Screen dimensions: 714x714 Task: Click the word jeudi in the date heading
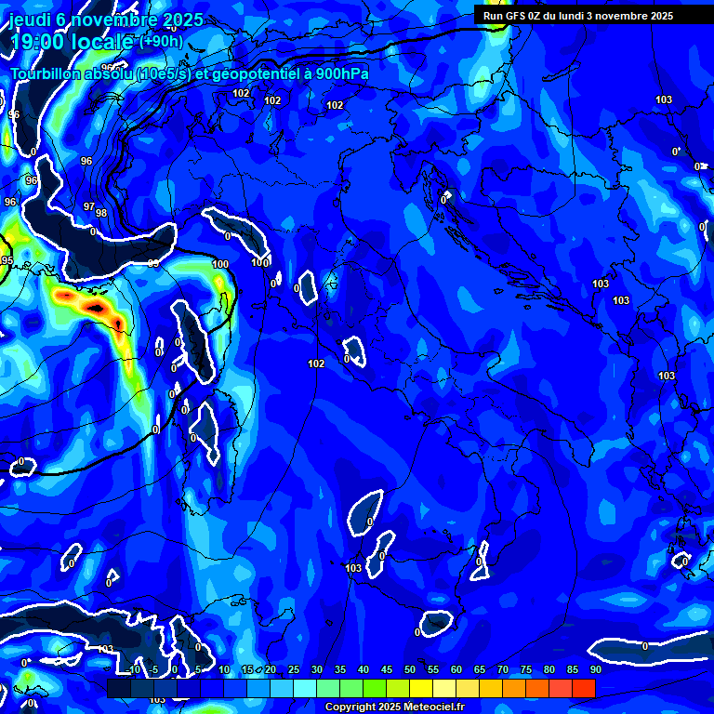[x=36, y=20]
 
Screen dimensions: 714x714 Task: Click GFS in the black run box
[x=515, y=15]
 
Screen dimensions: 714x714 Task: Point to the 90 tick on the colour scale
[x=595, y=669]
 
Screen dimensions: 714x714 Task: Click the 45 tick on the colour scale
[x=386, y=669]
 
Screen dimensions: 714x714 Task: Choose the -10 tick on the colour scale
[x=133, y=669]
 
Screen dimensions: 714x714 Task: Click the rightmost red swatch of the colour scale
[x=584, y=688]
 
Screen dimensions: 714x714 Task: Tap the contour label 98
[x=101, y=213]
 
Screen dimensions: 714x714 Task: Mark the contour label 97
[x=89, y=206]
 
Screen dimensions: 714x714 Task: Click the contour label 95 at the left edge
[x=7, y=260]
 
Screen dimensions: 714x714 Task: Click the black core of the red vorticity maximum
[x=94, y=306]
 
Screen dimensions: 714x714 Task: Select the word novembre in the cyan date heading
[x=128, y=20]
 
